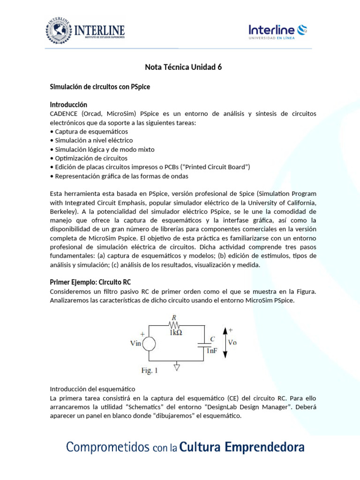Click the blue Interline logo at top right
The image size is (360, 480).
277,32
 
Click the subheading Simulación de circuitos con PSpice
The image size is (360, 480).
100,87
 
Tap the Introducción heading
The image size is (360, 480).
68,105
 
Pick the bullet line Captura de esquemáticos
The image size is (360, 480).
89,132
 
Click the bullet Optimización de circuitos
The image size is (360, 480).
91,158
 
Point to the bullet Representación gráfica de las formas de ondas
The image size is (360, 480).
119,176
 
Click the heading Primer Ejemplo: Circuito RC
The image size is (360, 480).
90,282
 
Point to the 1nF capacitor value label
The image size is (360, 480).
212,350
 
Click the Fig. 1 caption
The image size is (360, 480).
150,370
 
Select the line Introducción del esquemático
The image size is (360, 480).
92,389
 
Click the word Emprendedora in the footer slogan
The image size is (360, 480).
265,447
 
